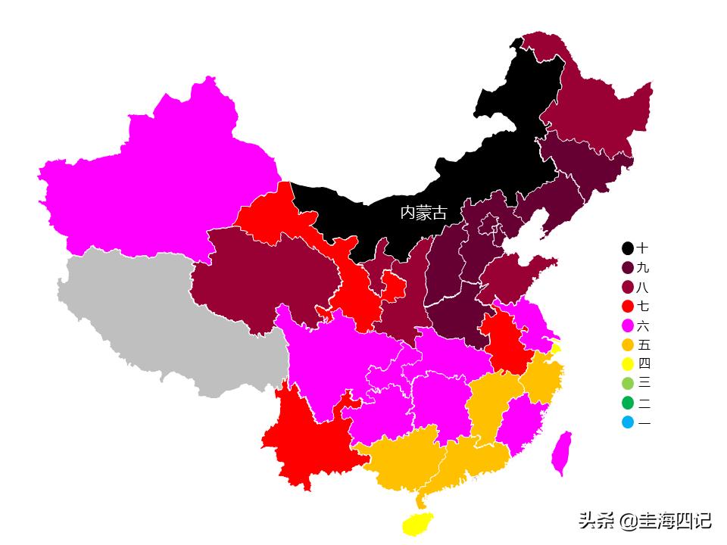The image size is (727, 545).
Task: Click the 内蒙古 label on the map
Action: [423, 213]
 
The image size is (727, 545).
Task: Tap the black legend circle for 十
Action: [628, 248]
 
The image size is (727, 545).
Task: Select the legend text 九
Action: [643, 268]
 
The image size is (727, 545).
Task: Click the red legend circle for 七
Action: [628, 307]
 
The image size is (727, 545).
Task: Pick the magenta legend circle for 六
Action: [628, 326]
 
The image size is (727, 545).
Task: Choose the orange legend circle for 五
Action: [628, 345]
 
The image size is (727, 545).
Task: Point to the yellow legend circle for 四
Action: [628, 365]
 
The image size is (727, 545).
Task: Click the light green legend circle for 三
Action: [628, 384]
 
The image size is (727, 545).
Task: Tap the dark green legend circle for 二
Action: [628, 403]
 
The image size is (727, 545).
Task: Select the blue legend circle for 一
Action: [628, 422]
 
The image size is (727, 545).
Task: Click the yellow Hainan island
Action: [417, 523]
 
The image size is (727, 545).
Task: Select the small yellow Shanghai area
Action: [556, 349]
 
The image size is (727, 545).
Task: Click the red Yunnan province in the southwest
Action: [307, 439]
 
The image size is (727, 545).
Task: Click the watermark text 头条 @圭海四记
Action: [645, 521]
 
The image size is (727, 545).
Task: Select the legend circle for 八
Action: [628, 288]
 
